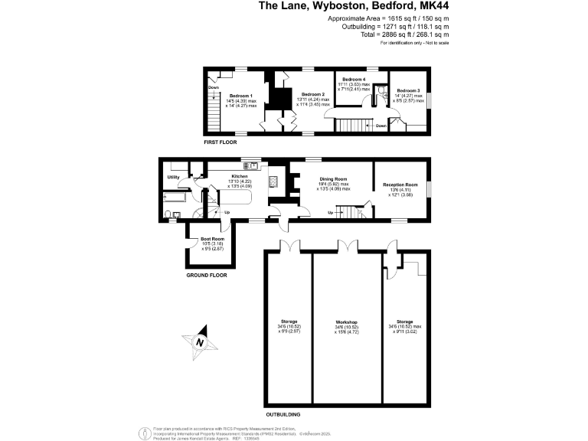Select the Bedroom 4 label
(354, 80)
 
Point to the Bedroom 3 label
(408, 90)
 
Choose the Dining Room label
(333, 178)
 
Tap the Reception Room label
(400, 185)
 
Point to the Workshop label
(347, 322)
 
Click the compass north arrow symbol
(199, 343)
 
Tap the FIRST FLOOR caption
(220, 142)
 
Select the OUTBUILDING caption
(283, 414)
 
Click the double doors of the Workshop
(348, 246)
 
